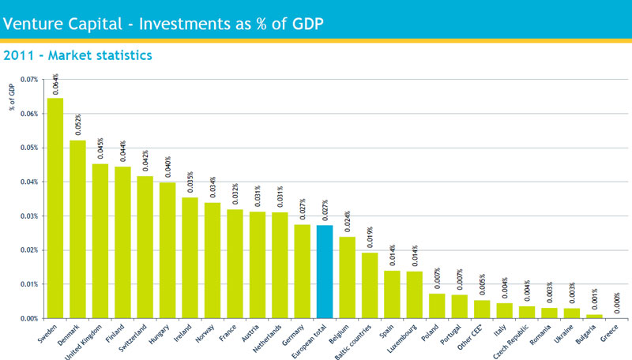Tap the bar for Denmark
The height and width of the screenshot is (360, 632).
click(x=77, y=229)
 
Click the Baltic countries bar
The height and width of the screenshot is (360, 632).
click(x=370, y=285)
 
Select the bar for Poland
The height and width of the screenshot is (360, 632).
click(x=437, y=306)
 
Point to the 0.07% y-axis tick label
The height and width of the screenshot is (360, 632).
click(x=28, y=80)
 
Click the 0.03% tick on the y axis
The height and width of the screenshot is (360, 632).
click(x=28, y=216)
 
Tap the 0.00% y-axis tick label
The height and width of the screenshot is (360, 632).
click(x=28, y=318)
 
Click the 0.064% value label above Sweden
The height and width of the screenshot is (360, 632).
click(x=55, y=84)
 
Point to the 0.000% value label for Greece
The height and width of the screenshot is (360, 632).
click(x=616, y=303)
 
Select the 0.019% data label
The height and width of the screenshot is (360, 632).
click(x=370, y=238)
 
